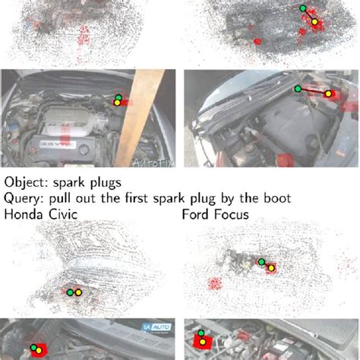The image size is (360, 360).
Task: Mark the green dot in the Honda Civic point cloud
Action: (69, 292)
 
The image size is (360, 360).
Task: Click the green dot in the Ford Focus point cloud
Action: (262, 263)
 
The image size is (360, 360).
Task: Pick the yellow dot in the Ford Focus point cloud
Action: (270, 267)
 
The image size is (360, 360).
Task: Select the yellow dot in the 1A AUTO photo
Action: (39, 350)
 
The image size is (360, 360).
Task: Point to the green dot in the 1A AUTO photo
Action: (33, 349)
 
